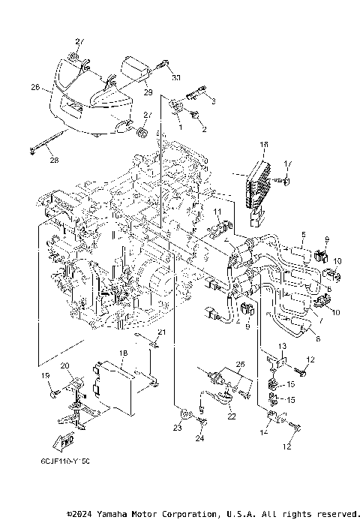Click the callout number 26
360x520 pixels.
[x=34, y=88]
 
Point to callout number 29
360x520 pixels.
[x=148, y=92]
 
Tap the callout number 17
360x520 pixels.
[x=286, y=164]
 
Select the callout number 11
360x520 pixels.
[x=217, y=213]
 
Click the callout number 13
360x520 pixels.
[x=282, y=345]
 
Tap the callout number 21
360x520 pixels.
[x=160, y=332]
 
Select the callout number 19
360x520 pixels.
[x=45, y=375]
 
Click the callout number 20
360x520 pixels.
[x=65, y=365]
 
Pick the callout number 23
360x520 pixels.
[x=177, y=428]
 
